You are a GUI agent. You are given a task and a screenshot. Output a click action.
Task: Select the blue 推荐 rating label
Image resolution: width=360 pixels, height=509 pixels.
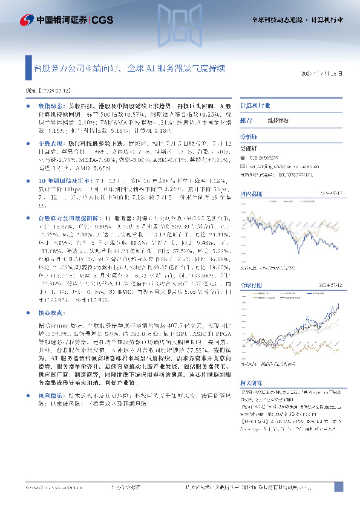pyautogui.click(x=246, y=120)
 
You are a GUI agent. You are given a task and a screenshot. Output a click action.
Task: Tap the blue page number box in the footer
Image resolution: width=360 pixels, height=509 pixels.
pyautogui.click(x=338, y=487)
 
